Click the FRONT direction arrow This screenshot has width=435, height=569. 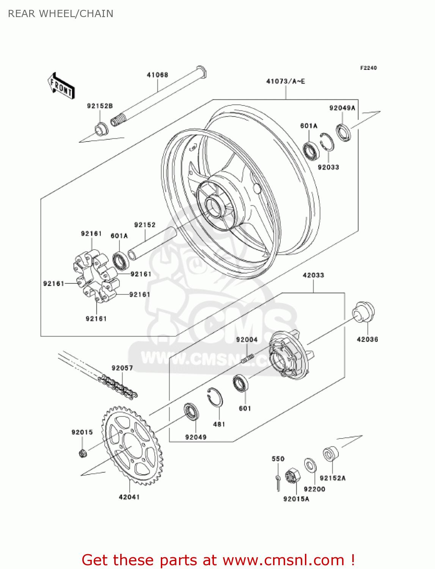tap(61, 86)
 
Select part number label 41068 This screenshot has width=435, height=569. tap(157, 75)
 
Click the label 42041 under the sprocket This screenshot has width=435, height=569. tap(129, 497)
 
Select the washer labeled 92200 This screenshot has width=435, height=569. tap(310, 465)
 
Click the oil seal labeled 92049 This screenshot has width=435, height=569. tap(192, 412)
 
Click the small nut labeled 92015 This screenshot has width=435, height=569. tap(83, 453)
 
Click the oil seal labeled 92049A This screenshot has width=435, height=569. tap(343, 132)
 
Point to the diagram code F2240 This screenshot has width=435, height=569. tap(368, 68)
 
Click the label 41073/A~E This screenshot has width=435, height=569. tap(286, 82)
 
